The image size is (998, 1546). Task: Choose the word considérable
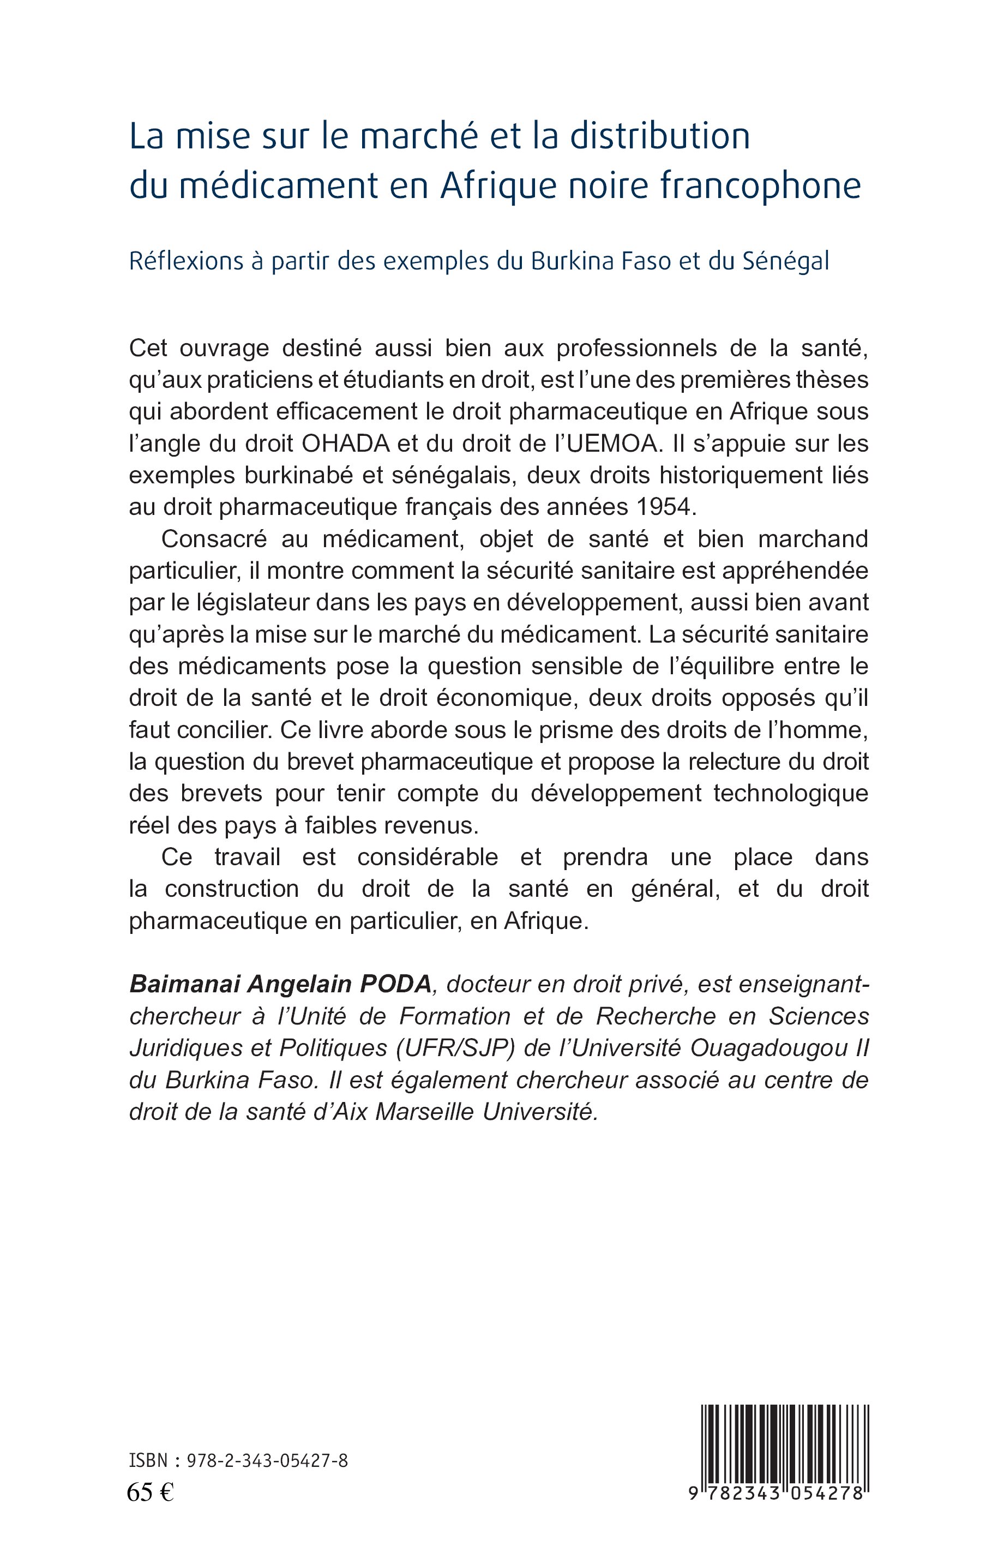click(427, 857)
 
